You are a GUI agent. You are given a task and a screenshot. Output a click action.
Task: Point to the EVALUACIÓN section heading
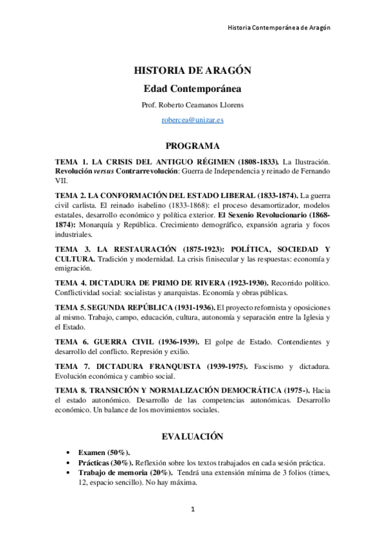pyautogui.click(x=192, y=436)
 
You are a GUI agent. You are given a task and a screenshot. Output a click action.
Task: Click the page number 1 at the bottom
pyautogui.click(x=192, y=510)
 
